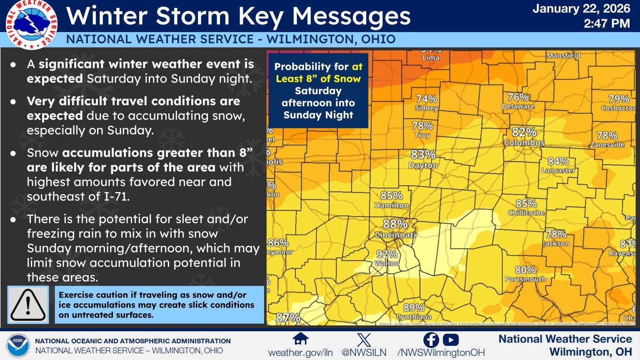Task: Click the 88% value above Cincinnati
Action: pyautogui.click(x=395, y=224)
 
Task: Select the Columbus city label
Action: pyautogui.click(x=524, y=143)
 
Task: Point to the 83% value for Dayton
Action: pyautogui.click(x=423, y=155)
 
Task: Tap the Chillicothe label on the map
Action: pyautogui.click(x=526, y=213)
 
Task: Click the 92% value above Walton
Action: pyautogui.click(x=387, y=254)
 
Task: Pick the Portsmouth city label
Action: pyautogui.click(x=525, y=279)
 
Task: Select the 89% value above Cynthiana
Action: pyautogui.click(x=414, y=307)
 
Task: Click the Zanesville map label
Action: pyautogui.click(x=607, y=145)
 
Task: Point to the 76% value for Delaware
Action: pyautogui.click(x=518, y=97)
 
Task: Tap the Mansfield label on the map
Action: pyautogui.click(x=563, y=55)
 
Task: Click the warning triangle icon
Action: pyautogui.click(x=28, y=305)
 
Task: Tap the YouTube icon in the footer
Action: pyautogui.click(x=451, y=340)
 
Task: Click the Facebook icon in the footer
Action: pyautogui.click(x=431, y=340)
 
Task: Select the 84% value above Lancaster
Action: pyautogui.click(x=558, y=161)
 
